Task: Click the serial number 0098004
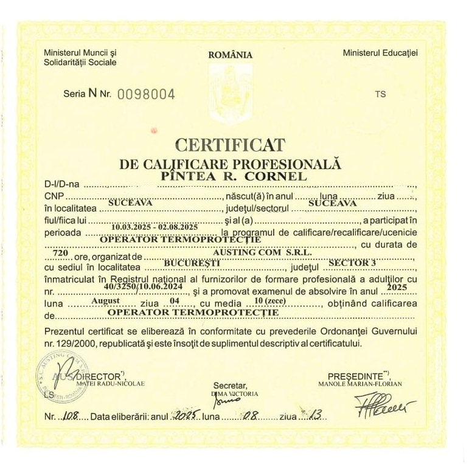pos(145,94)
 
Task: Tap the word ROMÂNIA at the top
pos(230,55)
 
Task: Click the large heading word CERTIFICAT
pos(229,144)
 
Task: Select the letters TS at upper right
pos(380,94)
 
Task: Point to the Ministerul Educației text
pos(380,53)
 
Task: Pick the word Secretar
pos(231,386)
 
